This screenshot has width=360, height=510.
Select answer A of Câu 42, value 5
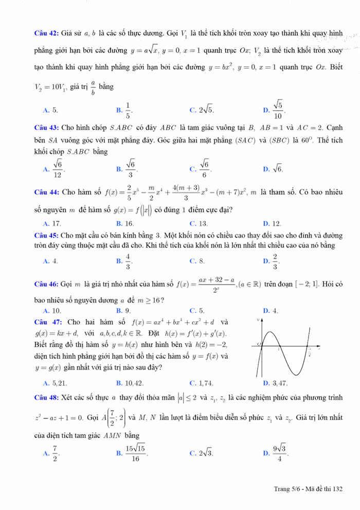pyautogui.click(x=51, y=110)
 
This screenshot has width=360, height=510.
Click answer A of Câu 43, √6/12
pyautogui.click(x=53, y=168)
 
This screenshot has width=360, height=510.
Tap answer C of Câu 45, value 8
pyautogui.click(x=198, y=261)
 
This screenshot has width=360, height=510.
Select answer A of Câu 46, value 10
pyautogui.click(x=53, y=310)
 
